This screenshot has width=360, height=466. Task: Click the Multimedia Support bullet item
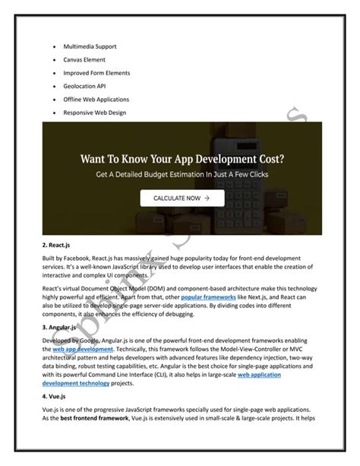pos(95,46)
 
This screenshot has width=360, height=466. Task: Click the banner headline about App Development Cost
pos(179,160)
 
